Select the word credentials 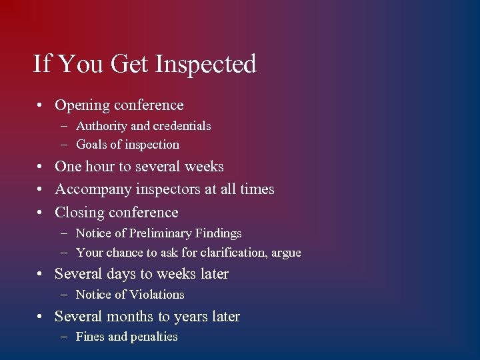tap(182, 126)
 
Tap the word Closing tap(79, 213)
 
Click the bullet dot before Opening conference tap(41, 106)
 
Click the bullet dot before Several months tap(41, 317)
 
